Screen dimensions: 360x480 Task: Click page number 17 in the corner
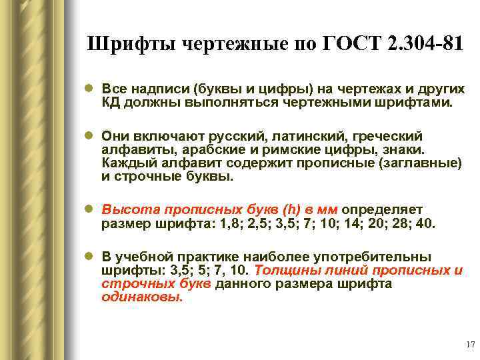pos(469,345)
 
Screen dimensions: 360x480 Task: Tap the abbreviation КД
pos(111,103)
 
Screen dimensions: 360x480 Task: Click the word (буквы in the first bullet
pos(217,89)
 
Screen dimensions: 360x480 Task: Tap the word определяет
pos(382,209)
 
